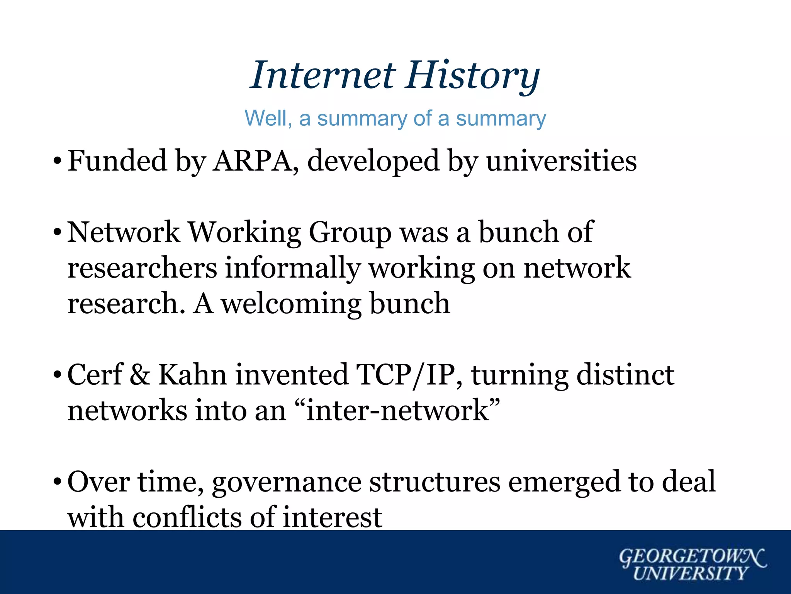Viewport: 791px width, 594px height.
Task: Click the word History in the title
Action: [472, 75]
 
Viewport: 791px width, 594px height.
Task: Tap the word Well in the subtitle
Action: [268, 118]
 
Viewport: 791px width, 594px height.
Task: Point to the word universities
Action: [561, 161]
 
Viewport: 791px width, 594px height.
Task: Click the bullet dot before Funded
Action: [57, 161]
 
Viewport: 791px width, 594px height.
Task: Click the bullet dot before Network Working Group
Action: [57, 232]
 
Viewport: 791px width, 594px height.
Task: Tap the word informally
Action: [293, 268]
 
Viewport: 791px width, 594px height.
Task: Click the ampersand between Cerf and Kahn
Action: [140, 375]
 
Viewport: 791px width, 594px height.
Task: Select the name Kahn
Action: [193, 375]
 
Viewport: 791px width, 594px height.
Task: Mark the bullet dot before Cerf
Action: [57, 375]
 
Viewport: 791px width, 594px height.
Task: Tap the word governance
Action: [286, 482]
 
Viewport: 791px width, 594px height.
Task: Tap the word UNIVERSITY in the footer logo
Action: [691, 573]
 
